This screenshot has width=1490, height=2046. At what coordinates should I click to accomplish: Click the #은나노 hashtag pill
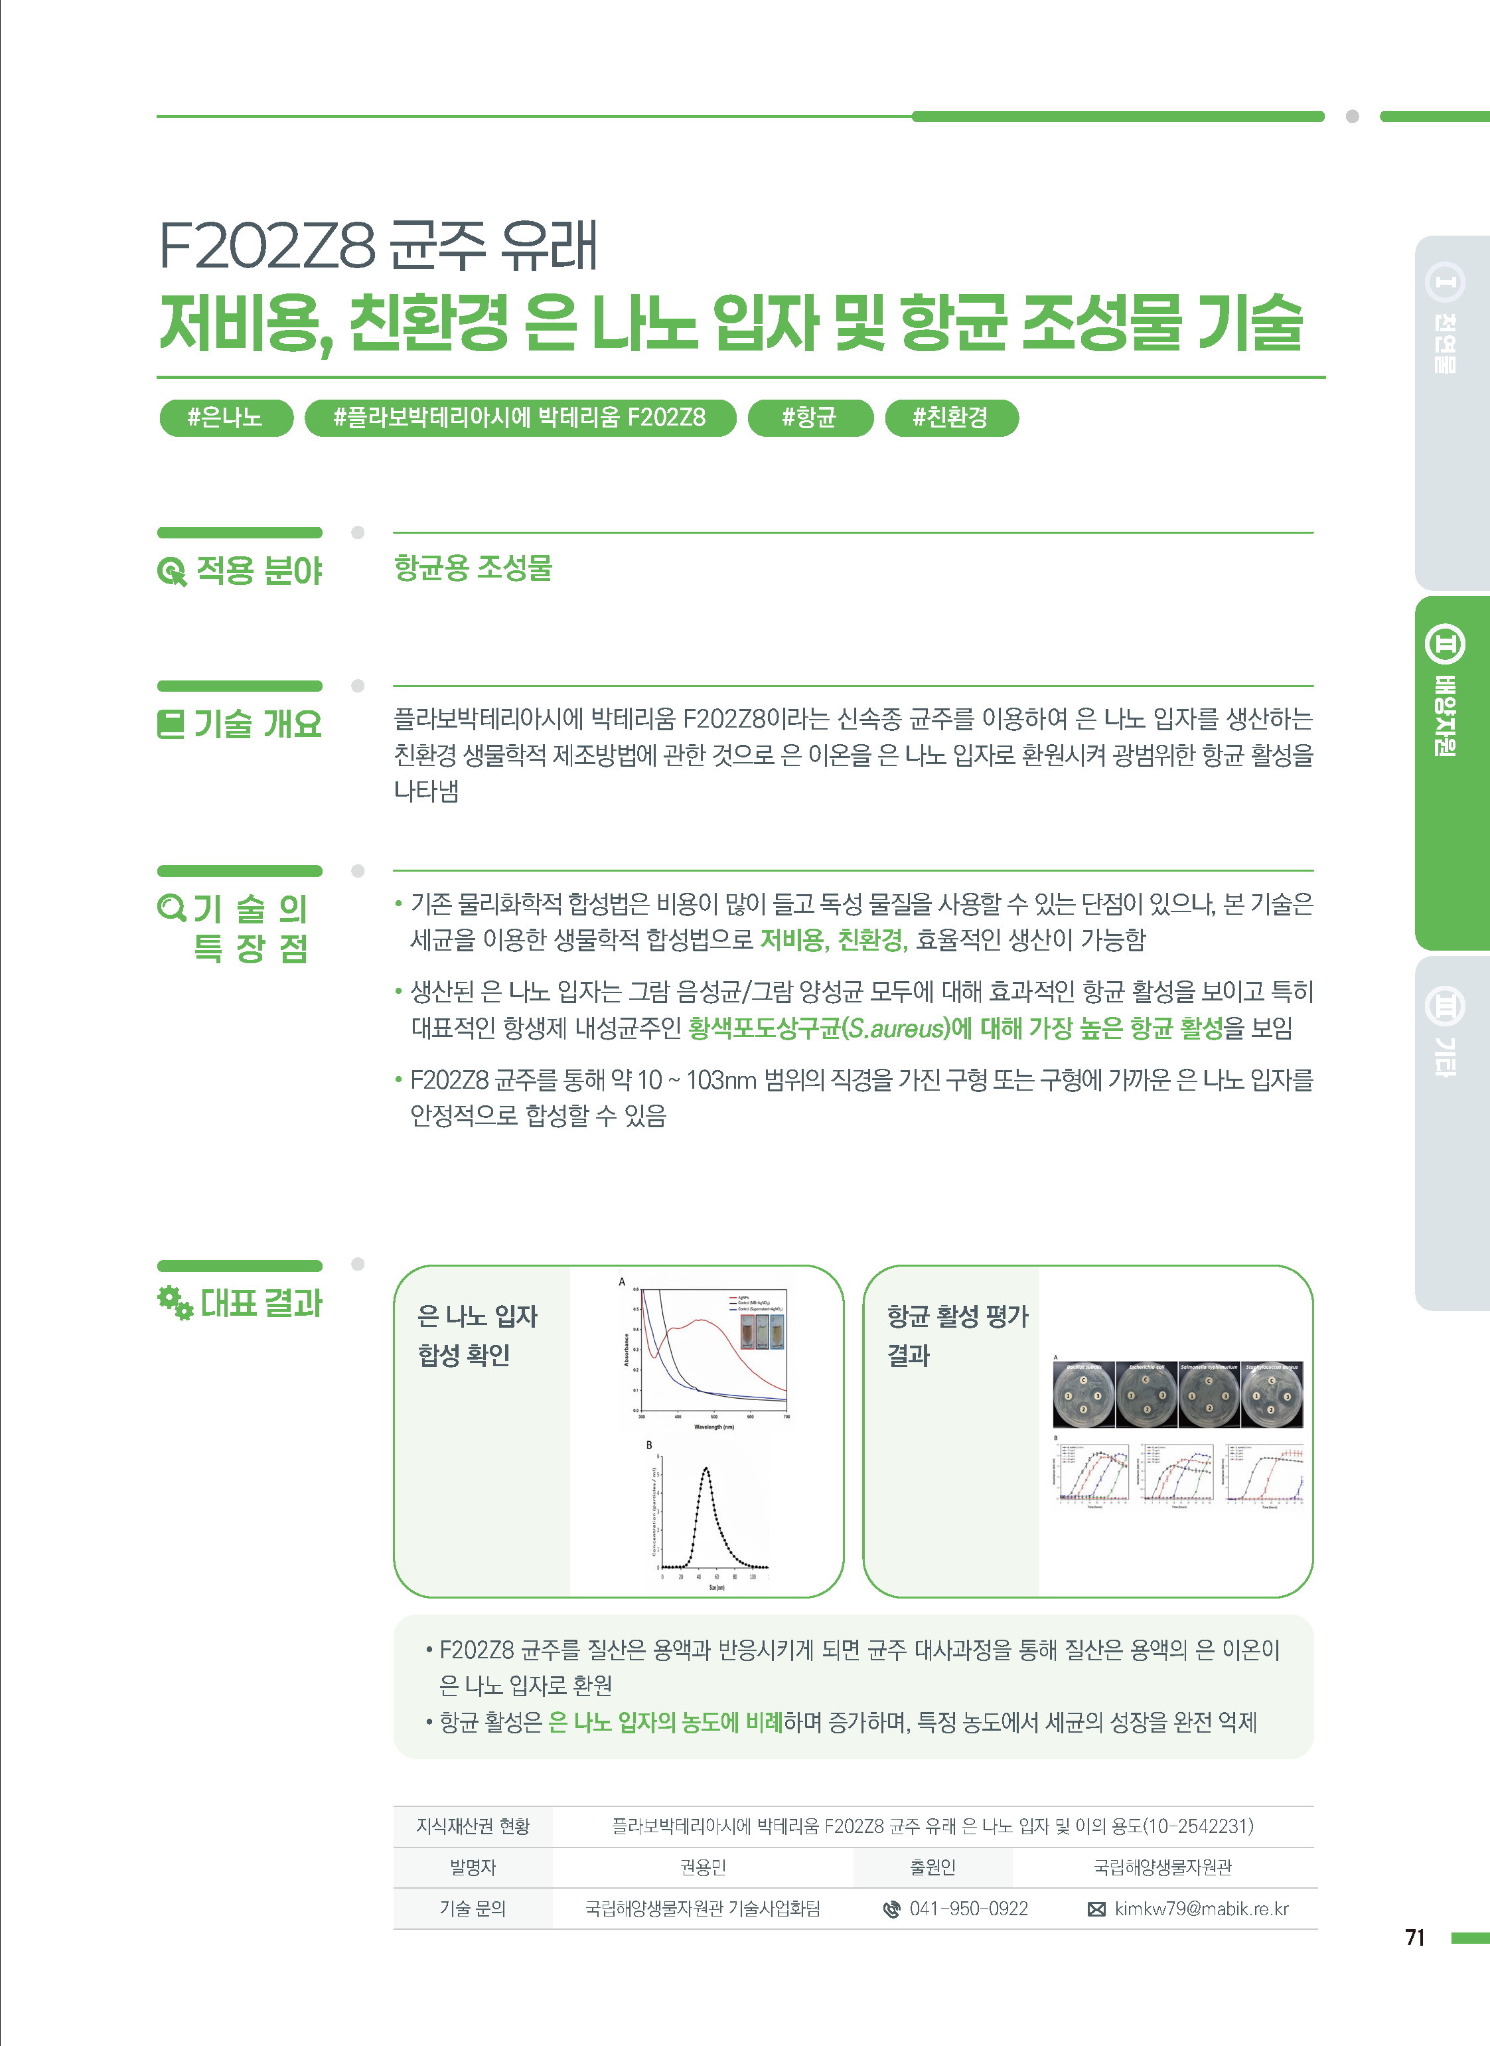(226, 418)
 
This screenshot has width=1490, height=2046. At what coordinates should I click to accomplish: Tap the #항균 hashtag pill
(810, 418)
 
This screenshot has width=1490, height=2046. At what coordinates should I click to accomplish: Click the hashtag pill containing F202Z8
(520, 418)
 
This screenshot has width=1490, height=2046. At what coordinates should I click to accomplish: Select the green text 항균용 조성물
(473, 568)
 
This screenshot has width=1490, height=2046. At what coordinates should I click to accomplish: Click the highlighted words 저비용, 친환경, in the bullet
(832, 940)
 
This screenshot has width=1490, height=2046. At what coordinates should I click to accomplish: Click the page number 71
(1414, 1937)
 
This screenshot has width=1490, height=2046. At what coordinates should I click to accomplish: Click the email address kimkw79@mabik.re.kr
(1201, 1909)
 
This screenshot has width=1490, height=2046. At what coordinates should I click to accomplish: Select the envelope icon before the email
(1096, 1909)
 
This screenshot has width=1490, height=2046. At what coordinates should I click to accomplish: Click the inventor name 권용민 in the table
(703, 1867)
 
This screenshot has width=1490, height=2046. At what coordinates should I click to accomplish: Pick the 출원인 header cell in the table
(932, 1867)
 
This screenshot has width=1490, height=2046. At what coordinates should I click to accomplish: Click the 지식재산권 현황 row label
(473, 1826)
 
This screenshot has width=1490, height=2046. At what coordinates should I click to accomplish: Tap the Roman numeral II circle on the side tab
(1444, 644)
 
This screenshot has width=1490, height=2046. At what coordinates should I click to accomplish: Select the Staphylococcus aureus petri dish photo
(1272, 1395)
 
